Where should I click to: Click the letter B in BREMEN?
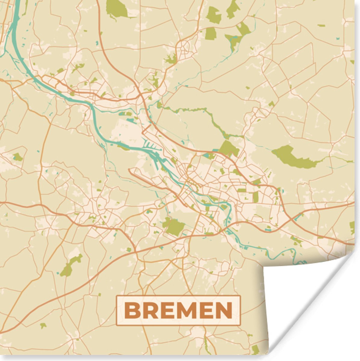[x=131, y=310]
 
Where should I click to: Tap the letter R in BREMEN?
[x=150, y=310]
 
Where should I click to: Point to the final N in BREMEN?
[x=223, y=310]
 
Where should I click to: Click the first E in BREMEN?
[x=167, y=310]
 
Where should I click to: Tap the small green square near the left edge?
[x=17, y=157]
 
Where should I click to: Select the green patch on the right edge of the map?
[x=352, y=227]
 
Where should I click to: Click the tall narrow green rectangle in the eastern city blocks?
[x=255, y=197]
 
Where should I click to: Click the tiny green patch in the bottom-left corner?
[x=43, y=326]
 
